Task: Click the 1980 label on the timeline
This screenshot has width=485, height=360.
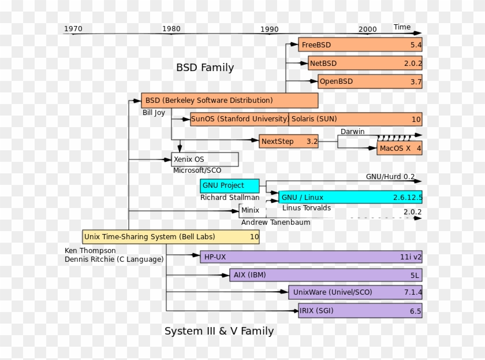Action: tap(171, 29)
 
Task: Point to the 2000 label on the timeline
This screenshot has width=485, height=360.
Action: tap(367, 29)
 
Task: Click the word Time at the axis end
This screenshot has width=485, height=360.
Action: tap(402, 27)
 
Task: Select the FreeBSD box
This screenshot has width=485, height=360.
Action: tap(360, 44)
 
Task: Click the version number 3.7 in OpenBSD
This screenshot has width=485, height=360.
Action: tap(416, 82)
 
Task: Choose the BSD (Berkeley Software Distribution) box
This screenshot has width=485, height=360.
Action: tap(229, 101)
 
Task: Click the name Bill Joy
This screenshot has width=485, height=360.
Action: tap(154, 113)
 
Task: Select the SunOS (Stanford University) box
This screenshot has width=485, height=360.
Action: tap(239, 119)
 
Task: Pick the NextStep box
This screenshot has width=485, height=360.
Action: tap(288, 142)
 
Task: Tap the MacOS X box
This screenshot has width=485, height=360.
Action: tap(399, 149)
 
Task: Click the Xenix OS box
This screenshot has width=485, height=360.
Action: tap(205, 159)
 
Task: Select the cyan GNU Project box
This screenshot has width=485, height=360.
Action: tap(229, 185)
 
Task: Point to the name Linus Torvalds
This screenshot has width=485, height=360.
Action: tap(307, 208)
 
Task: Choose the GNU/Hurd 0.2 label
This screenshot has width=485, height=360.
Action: tap(390, 176)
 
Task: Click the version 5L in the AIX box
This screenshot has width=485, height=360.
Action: tap(415, 276)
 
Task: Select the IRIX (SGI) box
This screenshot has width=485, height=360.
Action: tap(360, 311)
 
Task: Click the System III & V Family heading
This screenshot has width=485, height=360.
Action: tap(219, 331)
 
